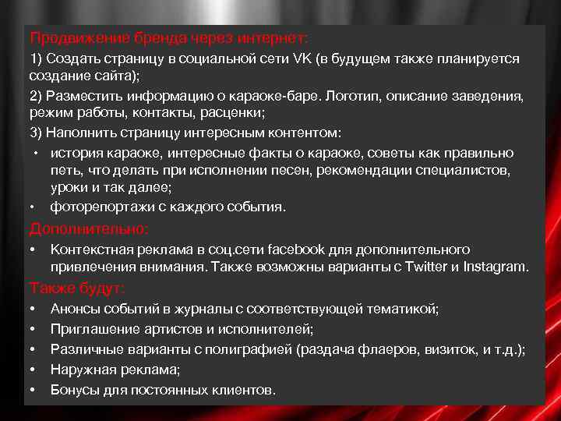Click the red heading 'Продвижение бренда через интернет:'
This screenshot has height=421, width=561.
click(169, 37)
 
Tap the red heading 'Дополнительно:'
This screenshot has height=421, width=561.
click(89, 228)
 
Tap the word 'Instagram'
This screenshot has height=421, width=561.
click(495, 267)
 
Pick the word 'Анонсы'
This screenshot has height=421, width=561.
click(75, 310)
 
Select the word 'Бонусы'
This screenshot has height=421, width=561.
click(74, 389)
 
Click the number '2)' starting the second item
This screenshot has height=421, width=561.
click(36, 96)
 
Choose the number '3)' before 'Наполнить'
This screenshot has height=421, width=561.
click(36, 133)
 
